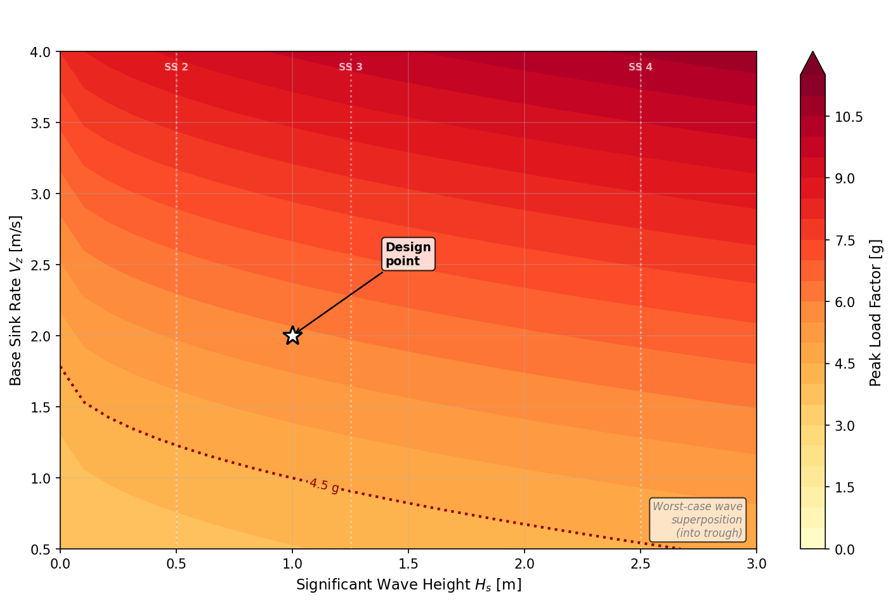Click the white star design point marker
pos(292,335)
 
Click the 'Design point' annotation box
pos(408,254)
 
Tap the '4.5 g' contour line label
pos(324,486)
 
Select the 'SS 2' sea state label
pos(176,67)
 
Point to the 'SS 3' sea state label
pos(351,67)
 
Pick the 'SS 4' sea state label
pos(641,67)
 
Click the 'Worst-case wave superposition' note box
pos(698,520)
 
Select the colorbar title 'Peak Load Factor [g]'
pos(876,313)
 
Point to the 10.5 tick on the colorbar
pos(848,117)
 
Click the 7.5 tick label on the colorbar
pos(844,240)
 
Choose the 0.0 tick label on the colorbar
pos(844,549)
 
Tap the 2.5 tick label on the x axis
pos(641,564)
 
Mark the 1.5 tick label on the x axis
pos(408,564)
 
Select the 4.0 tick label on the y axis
pos(41,52)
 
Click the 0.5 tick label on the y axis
pos(41,549)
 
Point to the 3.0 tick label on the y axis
pos(41,194)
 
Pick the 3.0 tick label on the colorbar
pos(844,426)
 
